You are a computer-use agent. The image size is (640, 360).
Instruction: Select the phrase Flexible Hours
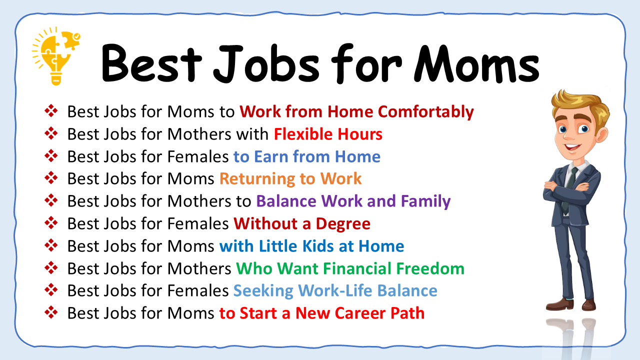click(328, 134)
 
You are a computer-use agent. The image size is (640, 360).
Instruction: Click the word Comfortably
click(425, 111)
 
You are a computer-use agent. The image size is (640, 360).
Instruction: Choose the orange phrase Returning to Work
click(290, 178)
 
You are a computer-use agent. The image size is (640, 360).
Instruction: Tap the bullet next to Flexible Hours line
click(51, 133)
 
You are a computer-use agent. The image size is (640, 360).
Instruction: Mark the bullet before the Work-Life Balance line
click(51, 290)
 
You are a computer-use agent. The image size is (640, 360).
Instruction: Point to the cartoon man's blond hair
click(580, 102)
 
